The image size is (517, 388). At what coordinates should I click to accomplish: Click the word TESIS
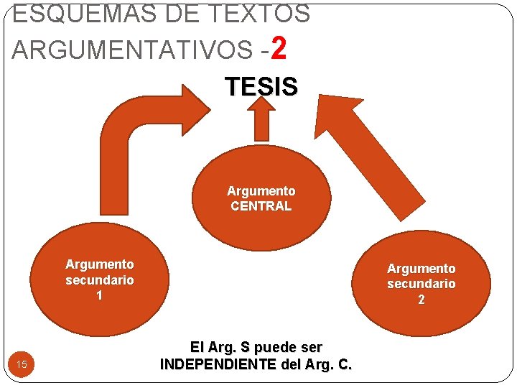click(x=261, y=87)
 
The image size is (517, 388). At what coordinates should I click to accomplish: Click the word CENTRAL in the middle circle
click(x=261, y=206)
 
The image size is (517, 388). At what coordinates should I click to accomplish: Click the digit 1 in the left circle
click(x=99, y=295)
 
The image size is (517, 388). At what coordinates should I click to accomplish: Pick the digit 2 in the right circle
click(x=421, y=300)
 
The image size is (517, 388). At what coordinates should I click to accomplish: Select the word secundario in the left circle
click(x=99, y=280)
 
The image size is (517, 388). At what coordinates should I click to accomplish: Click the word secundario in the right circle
click(x=421, y=284)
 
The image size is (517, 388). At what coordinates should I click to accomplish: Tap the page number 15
click(x=22, y=365)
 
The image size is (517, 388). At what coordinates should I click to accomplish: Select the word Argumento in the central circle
click(x=261, y=191)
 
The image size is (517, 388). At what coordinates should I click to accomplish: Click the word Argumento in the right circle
click(x=421, y=269)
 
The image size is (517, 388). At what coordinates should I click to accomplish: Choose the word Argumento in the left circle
click(x=99, y=265)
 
